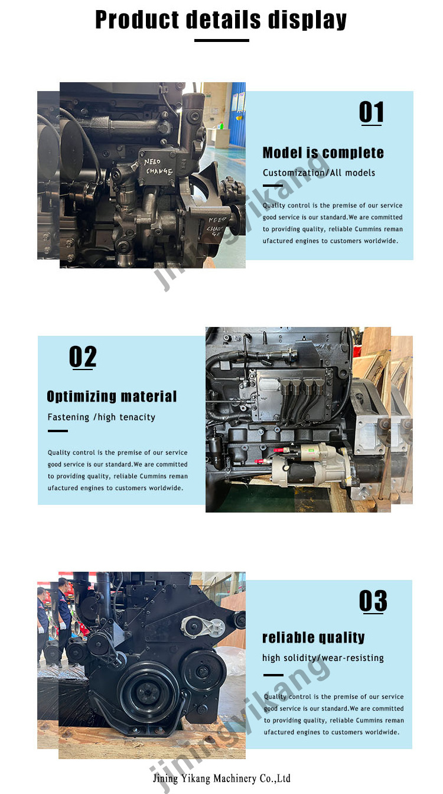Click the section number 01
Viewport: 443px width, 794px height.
tap(371, 112)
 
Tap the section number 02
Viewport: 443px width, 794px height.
tap(83, 357)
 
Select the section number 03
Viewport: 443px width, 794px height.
tap(373, 601)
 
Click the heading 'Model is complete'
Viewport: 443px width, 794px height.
tap(323, 153)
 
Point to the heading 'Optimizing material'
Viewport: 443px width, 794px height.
tap(112, 396)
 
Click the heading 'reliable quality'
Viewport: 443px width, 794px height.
tap(314, 637)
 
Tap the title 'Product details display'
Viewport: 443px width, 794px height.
tap(221, 20)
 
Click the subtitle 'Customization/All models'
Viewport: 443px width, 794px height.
tap(319, 173)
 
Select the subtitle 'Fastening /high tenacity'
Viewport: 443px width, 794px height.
tap(101, 417)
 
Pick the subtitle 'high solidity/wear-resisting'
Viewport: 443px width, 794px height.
tap(323, 658)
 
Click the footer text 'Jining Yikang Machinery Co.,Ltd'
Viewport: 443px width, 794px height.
tap(221, 778)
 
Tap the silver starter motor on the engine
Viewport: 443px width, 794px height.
tap(312, 462)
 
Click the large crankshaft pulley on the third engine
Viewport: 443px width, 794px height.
tap(148, 691)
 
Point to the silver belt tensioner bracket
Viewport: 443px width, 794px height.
tap(203, 627)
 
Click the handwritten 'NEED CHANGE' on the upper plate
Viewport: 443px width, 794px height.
tap(158, 167)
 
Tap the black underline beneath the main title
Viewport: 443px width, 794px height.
tap(221, 40)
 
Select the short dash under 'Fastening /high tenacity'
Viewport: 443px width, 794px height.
tap(58, 431)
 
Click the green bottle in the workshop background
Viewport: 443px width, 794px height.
tap(221, 125)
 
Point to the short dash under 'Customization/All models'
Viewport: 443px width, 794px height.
tap(273, 186)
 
